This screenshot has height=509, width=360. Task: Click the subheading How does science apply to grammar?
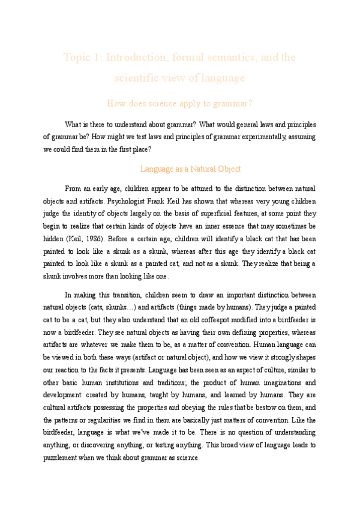pyautogui.click(x=179, y=103)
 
